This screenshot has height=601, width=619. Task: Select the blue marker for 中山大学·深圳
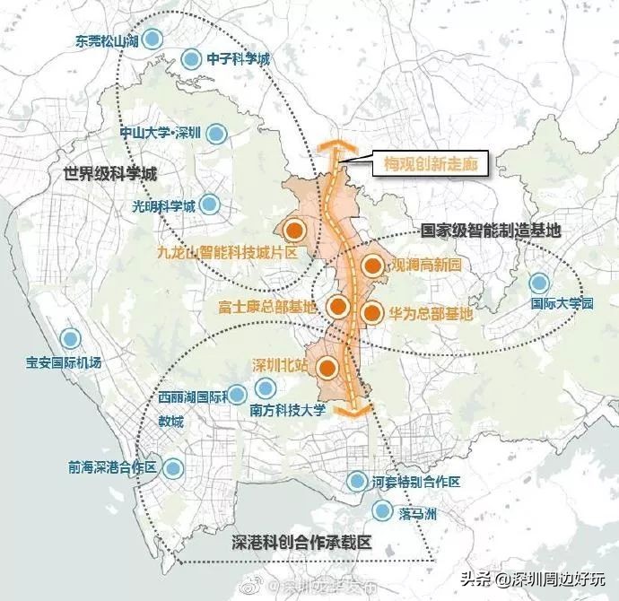click(x=216, y=135)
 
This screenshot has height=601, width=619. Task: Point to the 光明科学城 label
click(x=157, y=205)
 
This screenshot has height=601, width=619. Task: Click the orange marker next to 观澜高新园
click(x=372, y=266)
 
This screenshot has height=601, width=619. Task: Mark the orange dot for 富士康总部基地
click(x=338, y=307)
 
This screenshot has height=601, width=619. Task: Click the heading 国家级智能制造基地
click(x=491, y=231)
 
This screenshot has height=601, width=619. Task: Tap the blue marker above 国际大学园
click(x=538, y=283)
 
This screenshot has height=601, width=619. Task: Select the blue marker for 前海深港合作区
click(x=173, y=467)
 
